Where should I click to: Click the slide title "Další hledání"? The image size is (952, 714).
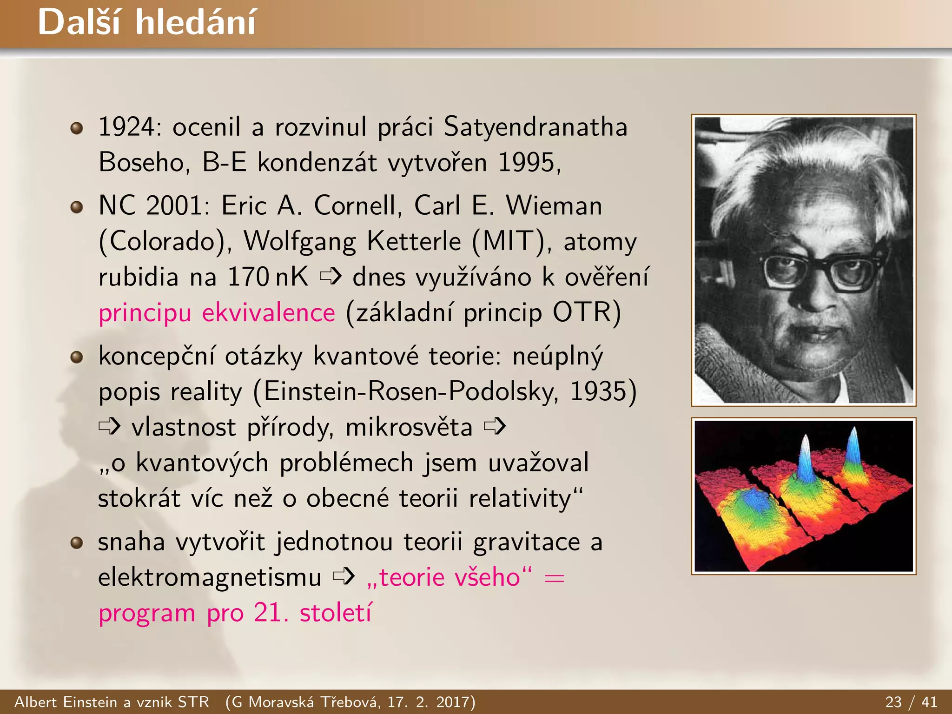147,22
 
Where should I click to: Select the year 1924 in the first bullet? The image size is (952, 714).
126,127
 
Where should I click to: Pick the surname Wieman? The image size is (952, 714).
554,205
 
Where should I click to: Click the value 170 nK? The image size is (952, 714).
268,277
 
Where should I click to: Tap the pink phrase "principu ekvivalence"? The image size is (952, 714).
217,313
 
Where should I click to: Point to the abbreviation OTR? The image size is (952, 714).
581,312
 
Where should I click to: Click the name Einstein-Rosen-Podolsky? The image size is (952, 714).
411,391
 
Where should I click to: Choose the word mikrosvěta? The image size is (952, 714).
409,427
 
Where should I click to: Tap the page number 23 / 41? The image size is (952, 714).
911,702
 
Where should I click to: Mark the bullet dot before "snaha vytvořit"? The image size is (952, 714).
77,542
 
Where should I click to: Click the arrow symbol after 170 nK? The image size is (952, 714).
331,277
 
